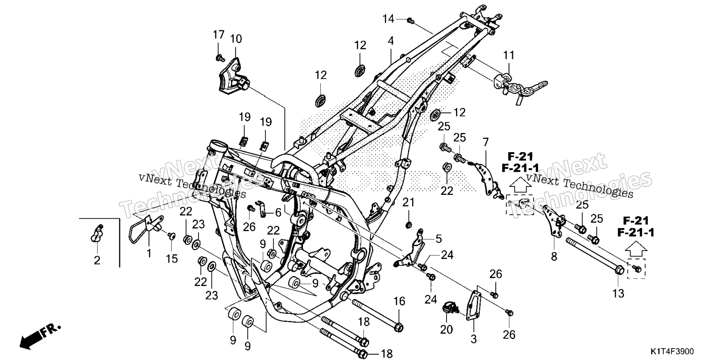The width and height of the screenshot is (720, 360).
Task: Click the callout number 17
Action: pyautogui.click(x=219, y=35)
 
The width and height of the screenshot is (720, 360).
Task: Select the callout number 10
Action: pyautogui.click(x=236, y=39)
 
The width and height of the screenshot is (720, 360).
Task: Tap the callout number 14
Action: pyautogui.click(x=388, y=18)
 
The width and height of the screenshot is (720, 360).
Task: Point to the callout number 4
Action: pyautogui.click(x=391, y=41)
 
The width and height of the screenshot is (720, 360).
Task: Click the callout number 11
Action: pyautogui.click(x=509, y=55)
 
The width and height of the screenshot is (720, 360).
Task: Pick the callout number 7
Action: pyautogui.click(x=486, y=142)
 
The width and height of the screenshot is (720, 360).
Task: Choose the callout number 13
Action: pyautogui.click(x=618, y=293)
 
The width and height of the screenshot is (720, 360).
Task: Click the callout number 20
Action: pyautogui.click(x=447, y=329)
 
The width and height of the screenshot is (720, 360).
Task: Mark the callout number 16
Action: pyautogui.click(x=399, y=301)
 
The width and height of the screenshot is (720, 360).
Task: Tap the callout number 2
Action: pyautogui.click(x=97, y=260)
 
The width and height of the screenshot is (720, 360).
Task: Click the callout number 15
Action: pyautogui.click(x=172, y=258)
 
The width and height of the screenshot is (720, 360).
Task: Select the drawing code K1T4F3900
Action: pyautogui.click(x=672, y=351)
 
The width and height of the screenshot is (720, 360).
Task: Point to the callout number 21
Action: pyautogui.click(x=408, y=202)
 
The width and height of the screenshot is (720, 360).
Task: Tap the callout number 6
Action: pyautogui.click(x=278, y=213)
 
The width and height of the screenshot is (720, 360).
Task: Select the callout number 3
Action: pyautogui.click(x=474, y=339)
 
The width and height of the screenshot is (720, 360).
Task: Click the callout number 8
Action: pyautogui.click(x=554, y=257)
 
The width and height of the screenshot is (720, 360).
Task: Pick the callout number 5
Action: pyautogui.click(x=439, y=238)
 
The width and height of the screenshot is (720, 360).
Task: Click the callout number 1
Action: pyautogui.click(x=148, y=253)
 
